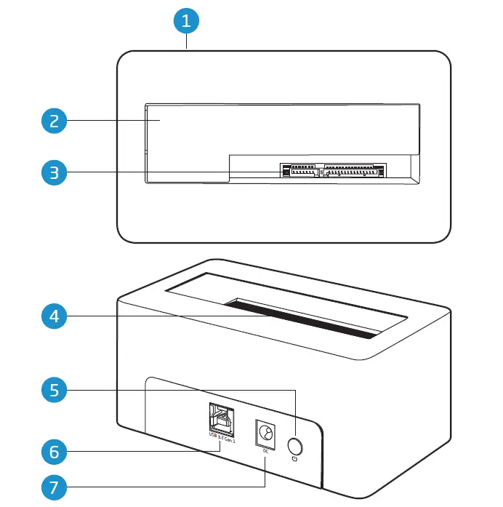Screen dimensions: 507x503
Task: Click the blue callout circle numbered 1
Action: point(187,20)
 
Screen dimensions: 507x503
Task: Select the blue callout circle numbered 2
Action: point(54,121)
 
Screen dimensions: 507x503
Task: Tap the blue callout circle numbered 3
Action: point(54,172)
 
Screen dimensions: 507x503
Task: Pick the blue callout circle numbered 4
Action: point(54,316)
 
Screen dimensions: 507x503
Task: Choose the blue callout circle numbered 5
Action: point(54,391)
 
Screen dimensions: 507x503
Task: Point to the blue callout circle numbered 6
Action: point(54,452)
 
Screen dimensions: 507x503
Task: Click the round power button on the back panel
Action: point(296,444)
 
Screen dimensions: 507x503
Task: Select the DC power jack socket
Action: point(265,435)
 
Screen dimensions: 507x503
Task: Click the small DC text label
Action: point(265,450)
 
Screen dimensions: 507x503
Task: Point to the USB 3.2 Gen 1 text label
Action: point(221,438)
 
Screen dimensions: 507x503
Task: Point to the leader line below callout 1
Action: point(187,41)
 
